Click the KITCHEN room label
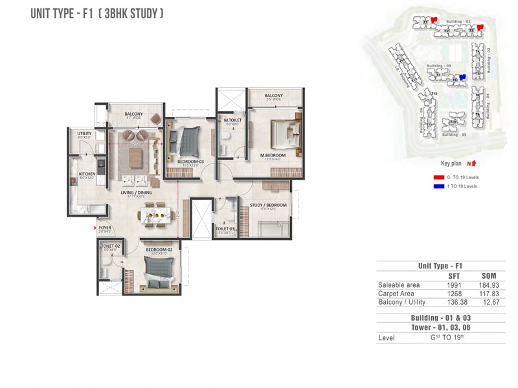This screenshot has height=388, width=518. (87, 174)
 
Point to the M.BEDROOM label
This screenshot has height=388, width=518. (273, 155)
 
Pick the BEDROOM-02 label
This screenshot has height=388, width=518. (159, 249)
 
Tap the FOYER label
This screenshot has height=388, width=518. (106, 228)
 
